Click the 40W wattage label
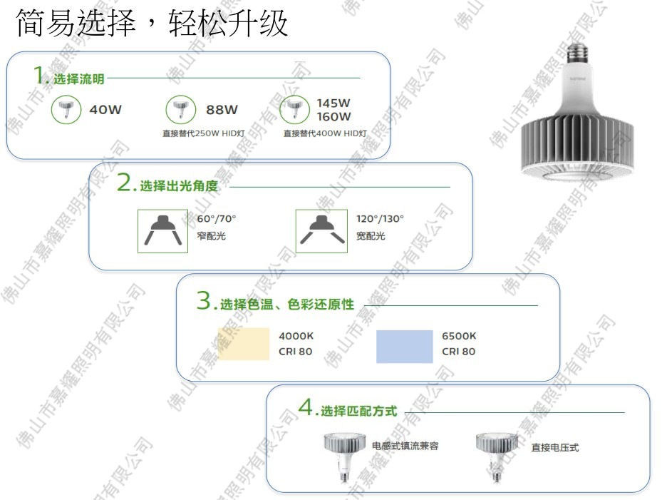[105, 110]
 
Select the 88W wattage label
[222, 110]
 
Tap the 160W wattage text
[333, 116]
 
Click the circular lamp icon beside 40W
[66, 109]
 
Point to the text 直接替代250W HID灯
[204, 133]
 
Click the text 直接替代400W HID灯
[325, 133]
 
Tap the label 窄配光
[211, 236]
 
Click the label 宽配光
[371, 236]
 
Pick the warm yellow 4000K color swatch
[243, 345]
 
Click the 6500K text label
[459, 336]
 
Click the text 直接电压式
[554, 448]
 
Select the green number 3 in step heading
[204, 302]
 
